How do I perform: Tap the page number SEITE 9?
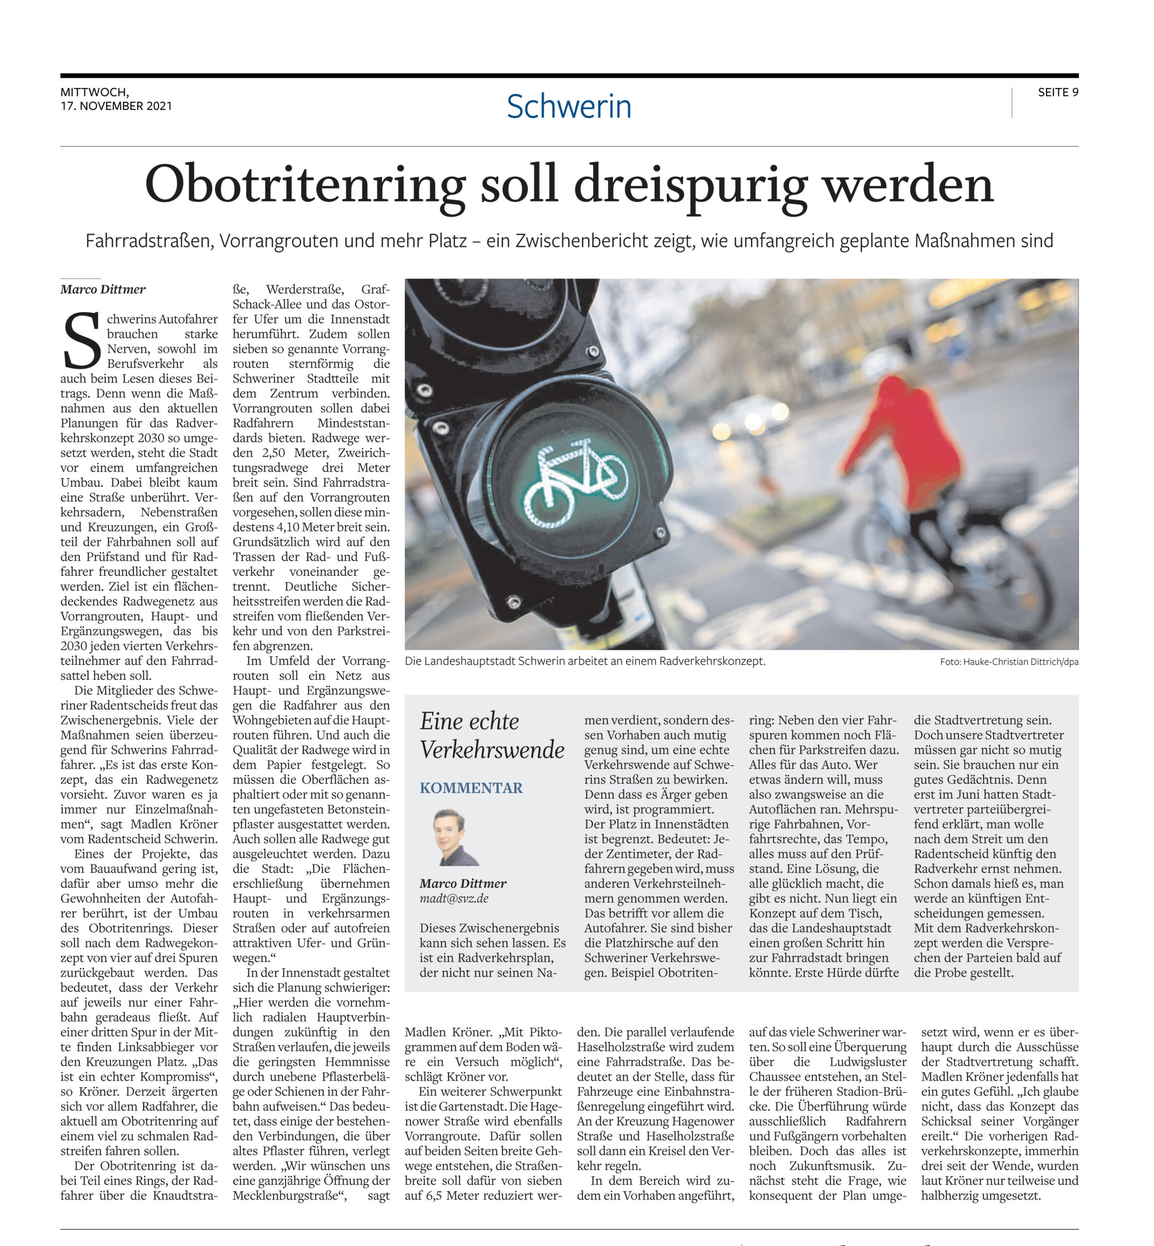[1058, 92]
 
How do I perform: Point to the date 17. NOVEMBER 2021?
[116, 106]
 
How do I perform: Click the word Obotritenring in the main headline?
[305, 185]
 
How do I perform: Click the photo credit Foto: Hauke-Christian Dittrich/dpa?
[1008, 662]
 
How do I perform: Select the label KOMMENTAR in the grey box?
[471, 788]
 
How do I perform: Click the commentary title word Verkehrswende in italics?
[492, 750]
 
